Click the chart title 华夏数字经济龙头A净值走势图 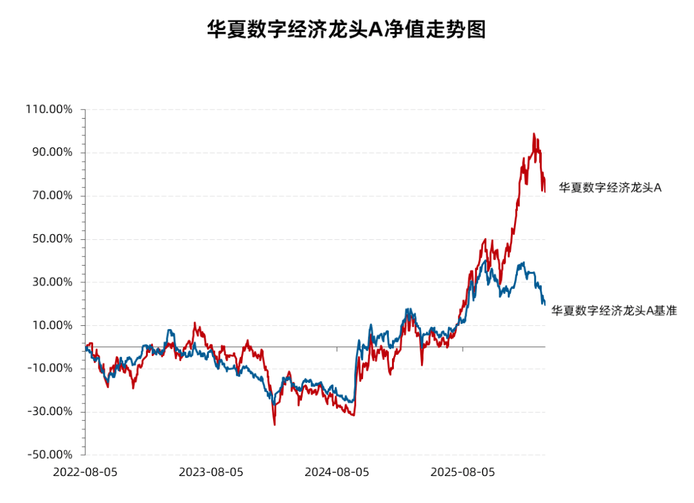pyautogui.click(x=346, y=30)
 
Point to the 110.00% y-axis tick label pyautogui.click(x=49, y=109)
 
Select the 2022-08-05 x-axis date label pyautogui.click(x=85, y=472)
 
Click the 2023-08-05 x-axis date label pyautogui.click(x=211, y=472)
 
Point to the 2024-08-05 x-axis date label pyautogui.click(x=337, y=472)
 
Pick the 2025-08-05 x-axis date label pyautogui.click(x=463, y=472)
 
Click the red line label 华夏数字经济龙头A pyautogui.click(x=610, y=188)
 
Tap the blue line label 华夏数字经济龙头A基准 pyautogui.click(x=614, y=311)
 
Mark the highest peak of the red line pyautogui.click(x=533, y=133)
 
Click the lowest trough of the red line pyautogui.click(x=274, y=425)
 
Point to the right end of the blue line pyautogui.click(x=545, y=304)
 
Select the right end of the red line pyautogui.click(x=545, y=190)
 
